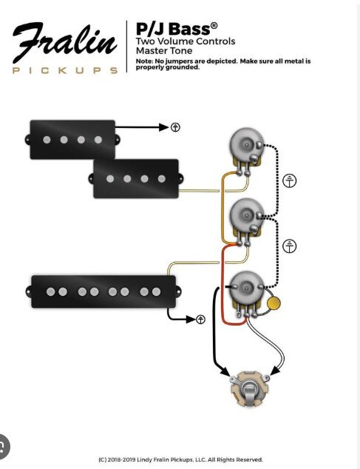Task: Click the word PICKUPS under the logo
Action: point(65,70)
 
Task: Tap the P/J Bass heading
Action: point(177,29)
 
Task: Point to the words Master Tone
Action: point(164,50)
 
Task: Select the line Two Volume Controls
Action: point(186,41)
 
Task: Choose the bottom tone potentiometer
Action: point(247,294)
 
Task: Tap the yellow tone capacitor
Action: point(274,303)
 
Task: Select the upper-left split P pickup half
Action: point(72,140)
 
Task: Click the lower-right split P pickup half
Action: point(136,179)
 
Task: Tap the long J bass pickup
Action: point(103,291)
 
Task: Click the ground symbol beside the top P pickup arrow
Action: point(175,127)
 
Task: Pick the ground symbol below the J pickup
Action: point(200,320)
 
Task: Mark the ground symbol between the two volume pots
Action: point(290,180)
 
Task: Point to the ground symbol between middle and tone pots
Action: point(290,246)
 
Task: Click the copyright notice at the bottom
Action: point(180,459)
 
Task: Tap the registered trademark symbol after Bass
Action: point(214,25)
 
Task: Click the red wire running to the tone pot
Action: point(223,284)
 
